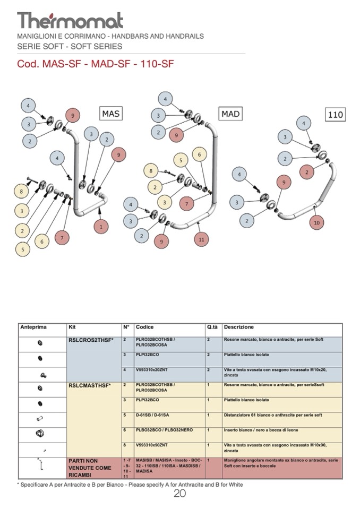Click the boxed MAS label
click(x=111, y=114)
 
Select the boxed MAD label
click(x=230, y=114)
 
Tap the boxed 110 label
click(x=336, y=114)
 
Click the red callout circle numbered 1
click(x=101, y=227)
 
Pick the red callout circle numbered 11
click(x=201, y=239)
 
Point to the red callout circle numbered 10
click(x=317, y=222)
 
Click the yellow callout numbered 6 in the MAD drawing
click(x=199, y=155)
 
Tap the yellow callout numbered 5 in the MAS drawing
click(x=23, y=248)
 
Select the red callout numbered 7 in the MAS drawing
click(x=62, y=238)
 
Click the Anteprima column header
click(x=33, y=327)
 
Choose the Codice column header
click(x=144, y=327)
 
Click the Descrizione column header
click(x=239, y=327)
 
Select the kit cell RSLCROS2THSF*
click(x=91, y=340)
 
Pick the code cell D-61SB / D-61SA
click(x=153, y=415)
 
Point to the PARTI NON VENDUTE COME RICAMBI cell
click(x=90, y=468)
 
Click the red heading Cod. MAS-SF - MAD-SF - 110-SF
click(x=96, y=64)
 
